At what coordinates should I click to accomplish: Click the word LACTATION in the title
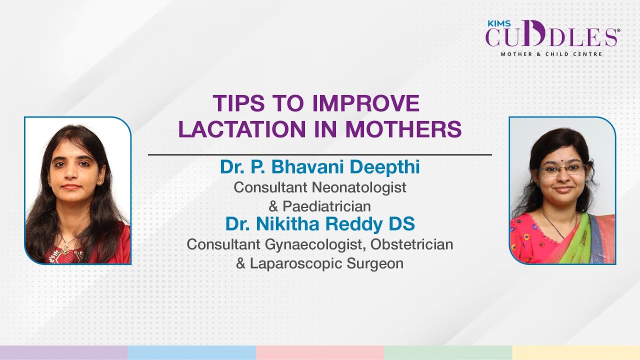(241, 129)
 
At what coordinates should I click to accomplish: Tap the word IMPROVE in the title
(365, 103)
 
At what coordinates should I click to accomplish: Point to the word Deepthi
(390, 167)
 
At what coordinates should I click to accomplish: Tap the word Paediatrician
(326, 205)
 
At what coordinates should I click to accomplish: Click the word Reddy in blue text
(356, 224)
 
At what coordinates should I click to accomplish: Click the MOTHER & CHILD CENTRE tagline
(551, 53)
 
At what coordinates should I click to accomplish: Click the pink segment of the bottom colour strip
(320, 352)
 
